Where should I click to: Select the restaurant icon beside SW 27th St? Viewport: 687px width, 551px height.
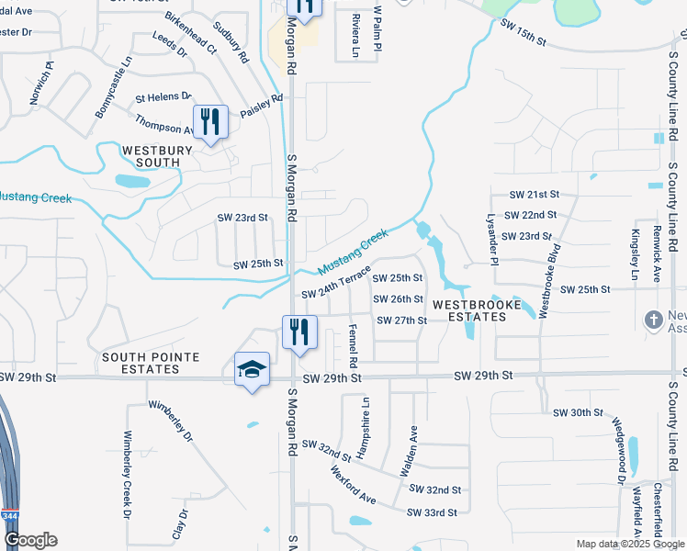(x=298, y=332)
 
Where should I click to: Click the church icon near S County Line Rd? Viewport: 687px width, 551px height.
(x=653, y=320)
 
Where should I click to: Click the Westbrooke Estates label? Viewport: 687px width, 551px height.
(x=470, y=310)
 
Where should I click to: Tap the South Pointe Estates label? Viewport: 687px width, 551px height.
(x=141, y=363)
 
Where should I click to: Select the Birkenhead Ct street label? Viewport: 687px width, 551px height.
(x=191, y=33)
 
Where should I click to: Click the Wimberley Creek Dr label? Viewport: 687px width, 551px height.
(x=128, y=472)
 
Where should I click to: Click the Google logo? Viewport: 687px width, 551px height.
(x=30, y=540)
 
